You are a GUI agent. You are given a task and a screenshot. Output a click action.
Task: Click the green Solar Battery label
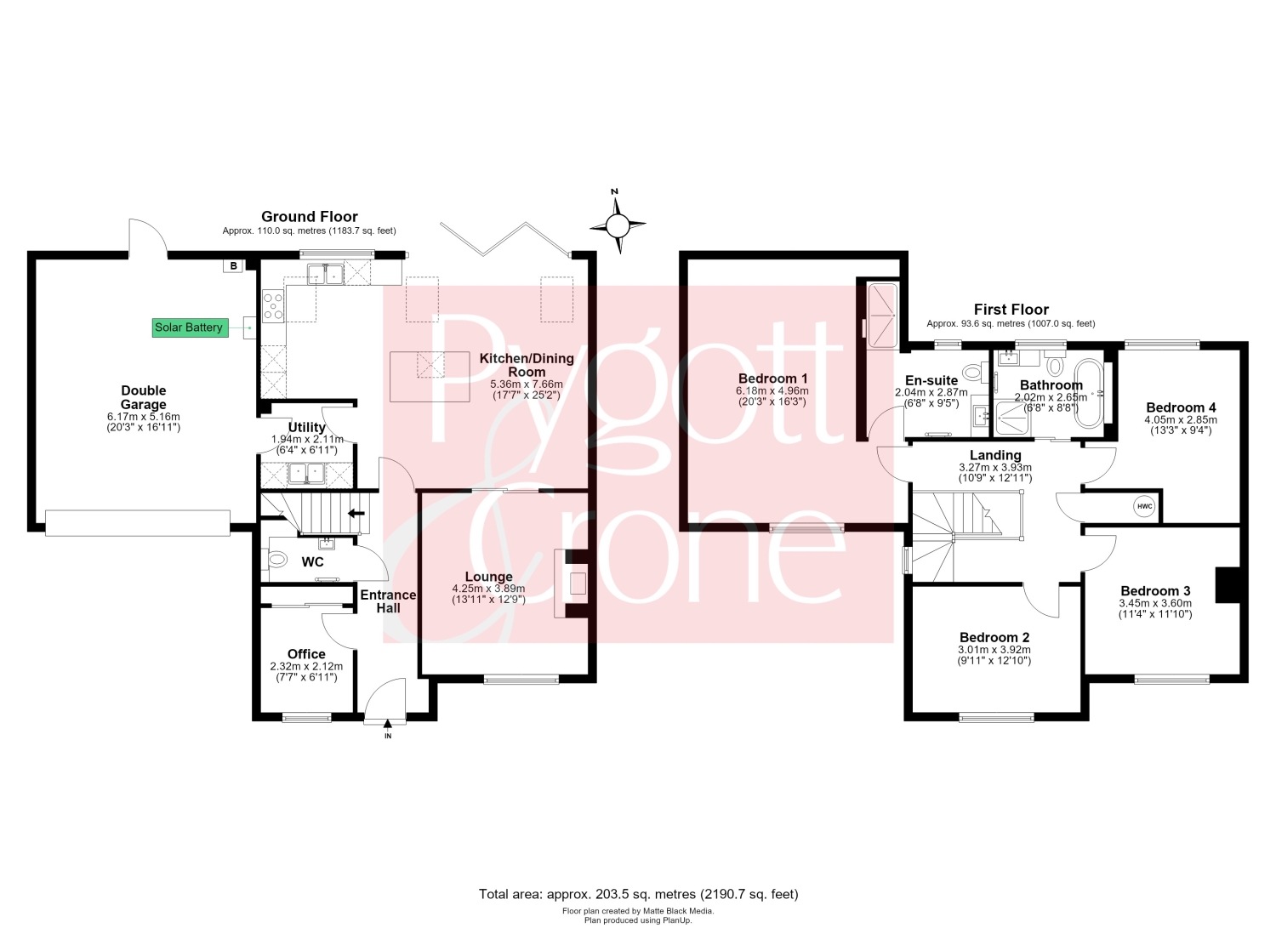(191, 327)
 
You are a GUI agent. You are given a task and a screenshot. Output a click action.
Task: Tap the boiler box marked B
(233, 265)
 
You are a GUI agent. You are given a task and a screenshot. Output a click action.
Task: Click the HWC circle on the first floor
(1144, 506)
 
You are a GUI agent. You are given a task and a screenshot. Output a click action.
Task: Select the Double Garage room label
(144, 397)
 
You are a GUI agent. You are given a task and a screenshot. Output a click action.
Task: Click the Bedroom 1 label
(772, 379)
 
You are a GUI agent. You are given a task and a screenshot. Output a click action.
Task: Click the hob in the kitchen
(273, 306)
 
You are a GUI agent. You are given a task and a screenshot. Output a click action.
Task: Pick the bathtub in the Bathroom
(1089, 393)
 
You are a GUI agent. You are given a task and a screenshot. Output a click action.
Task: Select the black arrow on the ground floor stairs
(356, 513)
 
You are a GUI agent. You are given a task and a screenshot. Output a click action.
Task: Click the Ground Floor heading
(310, 216)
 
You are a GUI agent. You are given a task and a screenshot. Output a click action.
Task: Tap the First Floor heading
(1011, 310)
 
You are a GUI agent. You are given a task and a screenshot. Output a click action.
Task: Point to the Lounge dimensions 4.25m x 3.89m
(489, 589)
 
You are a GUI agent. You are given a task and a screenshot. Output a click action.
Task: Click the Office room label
(306, 654)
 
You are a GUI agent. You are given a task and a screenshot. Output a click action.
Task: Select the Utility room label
(306, 427)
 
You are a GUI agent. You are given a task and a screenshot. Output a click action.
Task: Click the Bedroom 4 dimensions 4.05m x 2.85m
(1181, 420)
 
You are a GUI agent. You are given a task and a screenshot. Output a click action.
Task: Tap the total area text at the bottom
(639, 894)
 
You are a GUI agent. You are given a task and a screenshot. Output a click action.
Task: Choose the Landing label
(995, 455)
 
